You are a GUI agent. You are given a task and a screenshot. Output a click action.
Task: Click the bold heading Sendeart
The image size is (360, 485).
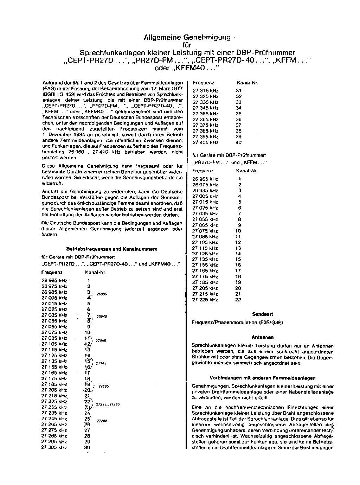tap(263, 314)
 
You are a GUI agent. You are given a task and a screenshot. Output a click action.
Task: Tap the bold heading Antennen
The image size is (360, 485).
tap(263, 337)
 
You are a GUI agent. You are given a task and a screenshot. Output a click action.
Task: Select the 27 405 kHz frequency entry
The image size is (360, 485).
tap(205, 142)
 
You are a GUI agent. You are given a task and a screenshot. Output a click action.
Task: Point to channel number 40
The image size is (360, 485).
tap(239, 142)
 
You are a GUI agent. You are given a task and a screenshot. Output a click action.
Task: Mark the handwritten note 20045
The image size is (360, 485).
tap(102, 317)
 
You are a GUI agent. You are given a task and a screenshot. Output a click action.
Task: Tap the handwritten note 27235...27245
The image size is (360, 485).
tap(108, 404)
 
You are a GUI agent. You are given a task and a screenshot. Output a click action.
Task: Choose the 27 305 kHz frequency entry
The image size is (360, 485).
tap(54, 447)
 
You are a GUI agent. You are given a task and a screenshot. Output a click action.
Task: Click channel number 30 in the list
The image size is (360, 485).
tap(87, 447)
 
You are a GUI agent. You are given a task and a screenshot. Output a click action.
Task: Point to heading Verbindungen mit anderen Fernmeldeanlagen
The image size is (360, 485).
tap(263, 378)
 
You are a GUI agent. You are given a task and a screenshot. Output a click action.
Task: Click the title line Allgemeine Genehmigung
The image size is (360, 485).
tap(187, 37)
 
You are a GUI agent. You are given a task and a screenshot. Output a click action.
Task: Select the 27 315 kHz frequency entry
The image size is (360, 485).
tap(206, 91)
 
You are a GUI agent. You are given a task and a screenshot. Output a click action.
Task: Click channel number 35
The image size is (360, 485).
tap(239, 114)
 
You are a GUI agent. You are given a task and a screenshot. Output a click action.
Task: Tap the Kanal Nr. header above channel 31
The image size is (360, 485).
tap(247, 83)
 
